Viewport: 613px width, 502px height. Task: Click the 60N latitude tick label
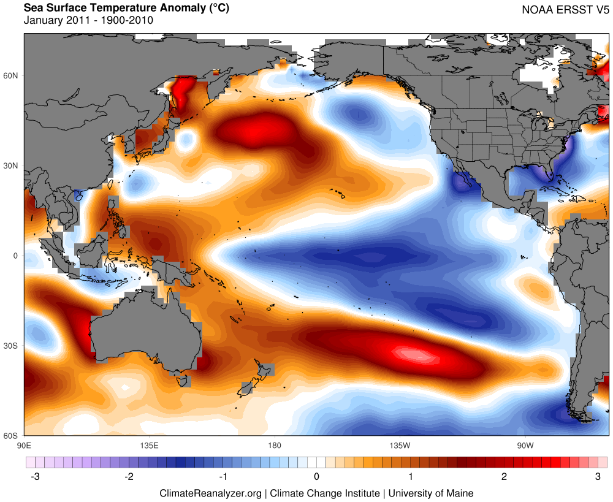click(x=12, y=75)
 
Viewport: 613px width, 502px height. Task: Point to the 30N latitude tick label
click(x=12, y=165)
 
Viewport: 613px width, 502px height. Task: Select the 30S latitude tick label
click(x=12, y=346)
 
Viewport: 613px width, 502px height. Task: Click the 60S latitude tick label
click(x=12, y=436)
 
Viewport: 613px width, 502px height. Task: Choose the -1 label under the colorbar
click(x=223, y=476)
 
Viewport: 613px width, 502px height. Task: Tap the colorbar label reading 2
click(x=504, y=476)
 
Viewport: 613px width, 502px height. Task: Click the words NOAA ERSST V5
click(x=565, y=10)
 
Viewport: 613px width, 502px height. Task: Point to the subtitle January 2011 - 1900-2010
click(x=88, y=20)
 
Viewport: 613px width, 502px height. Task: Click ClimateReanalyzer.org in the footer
click(x=211, y=493)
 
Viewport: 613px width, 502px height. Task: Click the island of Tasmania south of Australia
click(x=181, y=381)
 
